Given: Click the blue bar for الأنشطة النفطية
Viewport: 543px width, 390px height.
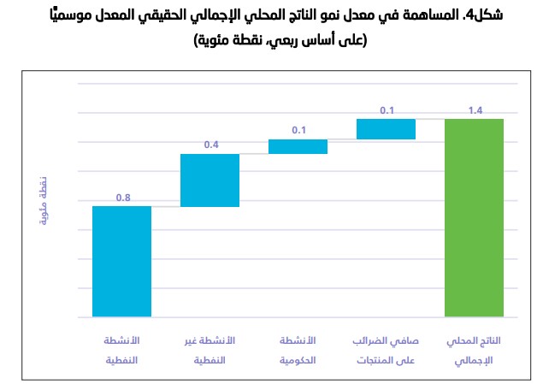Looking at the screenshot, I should click(x=121, y=261).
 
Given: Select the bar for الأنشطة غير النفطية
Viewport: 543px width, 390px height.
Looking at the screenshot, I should click(x=210, y=180).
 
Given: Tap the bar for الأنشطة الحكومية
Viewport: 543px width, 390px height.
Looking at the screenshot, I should click(x=298, y=146).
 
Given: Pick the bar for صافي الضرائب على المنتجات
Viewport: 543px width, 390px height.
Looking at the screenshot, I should click(x=386, y=129).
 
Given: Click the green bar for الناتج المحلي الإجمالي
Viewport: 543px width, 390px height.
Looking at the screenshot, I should click(x=474, y=217).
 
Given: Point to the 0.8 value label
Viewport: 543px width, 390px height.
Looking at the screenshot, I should click(x=123, y=198).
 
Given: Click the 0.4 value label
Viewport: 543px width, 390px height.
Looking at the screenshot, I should click(x=211, y=145).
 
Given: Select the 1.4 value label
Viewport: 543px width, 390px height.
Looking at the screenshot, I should click(x=475, y=109).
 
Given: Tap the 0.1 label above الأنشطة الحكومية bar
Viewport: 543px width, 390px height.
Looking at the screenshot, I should click(x=298, y=130).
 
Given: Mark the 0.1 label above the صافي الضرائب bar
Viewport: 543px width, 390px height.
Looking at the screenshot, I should click(x=387, y=109).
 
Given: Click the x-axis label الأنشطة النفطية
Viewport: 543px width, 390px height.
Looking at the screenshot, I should click(x=121, y=350).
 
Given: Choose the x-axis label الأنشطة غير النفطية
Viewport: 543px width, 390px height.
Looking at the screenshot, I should click(x=210, y=350).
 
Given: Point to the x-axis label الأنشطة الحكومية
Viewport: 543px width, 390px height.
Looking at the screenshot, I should click(x=298, y=350).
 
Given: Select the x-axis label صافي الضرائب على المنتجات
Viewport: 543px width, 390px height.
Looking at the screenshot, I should click(x=386, y=350).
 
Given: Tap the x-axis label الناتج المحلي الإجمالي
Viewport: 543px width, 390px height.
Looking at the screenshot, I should click(x=474, y=350).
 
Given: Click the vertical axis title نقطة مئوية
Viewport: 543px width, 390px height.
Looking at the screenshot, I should click(x=44, y=200).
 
